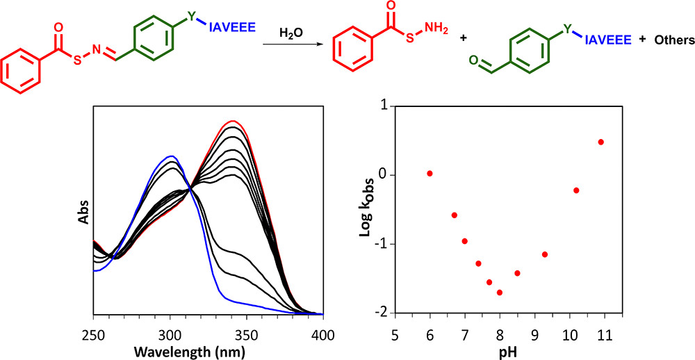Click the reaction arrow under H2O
(292, 44)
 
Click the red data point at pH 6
(430, 173)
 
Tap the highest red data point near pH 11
(601, 142)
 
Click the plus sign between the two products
(461, 40)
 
